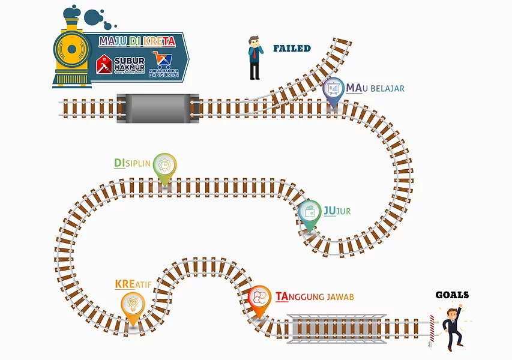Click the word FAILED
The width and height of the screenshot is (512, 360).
(x=292, y=49)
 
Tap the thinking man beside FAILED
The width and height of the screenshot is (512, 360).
(x=255, y=58)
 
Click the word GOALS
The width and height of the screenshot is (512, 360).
(x=451, y=295)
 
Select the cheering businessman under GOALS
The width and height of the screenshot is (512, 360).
(x=453, y=328)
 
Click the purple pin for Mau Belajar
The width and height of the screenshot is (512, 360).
(x=334, y=91)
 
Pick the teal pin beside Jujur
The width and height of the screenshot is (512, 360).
(x=310, y=214)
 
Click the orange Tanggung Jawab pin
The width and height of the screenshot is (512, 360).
(x=260, y=299)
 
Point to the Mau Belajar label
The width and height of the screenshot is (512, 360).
(x=375, y=89)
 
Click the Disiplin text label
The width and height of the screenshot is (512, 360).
(x=132, y=163)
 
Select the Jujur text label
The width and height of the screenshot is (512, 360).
(x=337, y=211)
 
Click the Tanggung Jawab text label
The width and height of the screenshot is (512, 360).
(x=315, y=296)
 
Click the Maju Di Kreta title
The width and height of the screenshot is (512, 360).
(x=137, y=41)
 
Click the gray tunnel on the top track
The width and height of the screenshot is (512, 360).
(x=158, y=108)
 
